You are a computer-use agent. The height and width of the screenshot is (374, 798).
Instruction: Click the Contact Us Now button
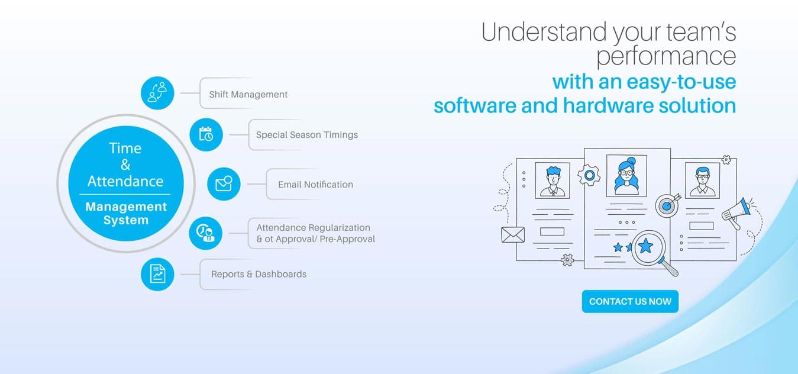pyautogui.click(x=630, y=301)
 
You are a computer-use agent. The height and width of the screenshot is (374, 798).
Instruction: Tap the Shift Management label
pyautogui.click(x=248, y=94)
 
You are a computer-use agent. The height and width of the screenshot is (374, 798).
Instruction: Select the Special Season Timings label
pyautogui.click(x=307, y=135)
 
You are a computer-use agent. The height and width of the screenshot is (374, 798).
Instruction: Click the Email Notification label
pyautogui.click(x=316, y=184)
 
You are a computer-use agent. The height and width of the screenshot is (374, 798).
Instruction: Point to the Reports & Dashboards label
pyautogui.click(x=259, y=274)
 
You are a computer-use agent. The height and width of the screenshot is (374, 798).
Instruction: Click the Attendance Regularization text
pyautogui.click(x=313, y=227)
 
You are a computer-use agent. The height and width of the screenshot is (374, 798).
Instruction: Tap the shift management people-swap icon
pyautogui.click(x=157, y=93)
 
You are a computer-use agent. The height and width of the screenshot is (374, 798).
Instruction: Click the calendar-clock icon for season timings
pyautogui.click(x=206, y=134)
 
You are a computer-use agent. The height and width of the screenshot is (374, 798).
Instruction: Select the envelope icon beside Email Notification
pyautogui.click(x=224, y=184)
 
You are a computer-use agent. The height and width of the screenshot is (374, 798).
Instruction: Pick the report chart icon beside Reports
pyautogui.click(x=157, y=274)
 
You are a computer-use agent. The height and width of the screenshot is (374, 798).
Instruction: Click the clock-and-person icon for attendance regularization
pyautogui.click(x=205, y=233)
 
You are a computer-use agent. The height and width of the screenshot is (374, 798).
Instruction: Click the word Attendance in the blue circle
pyautogui.click(x=125, y=182)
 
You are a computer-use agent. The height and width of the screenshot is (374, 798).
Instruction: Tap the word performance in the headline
pyautogui.click(x=666, y=56)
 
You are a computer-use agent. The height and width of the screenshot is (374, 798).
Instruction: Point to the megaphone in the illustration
pyautogui.click(x=736, y=212)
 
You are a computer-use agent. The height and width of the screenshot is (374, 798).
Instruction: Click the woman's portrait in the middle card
pyautogui.click(x=626, y=175)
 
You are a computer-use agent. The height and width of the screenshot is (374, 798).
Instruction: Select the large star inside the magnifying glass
pyautogui.click(x=645, y=246)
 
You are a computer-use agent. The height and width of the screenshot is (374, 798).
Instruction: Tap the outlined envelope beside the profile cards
pyautogui.click(x=513, y=235)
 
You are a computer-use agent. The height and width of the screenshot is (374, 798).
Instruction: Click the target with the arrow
pyautogui.click(x=667, y=205)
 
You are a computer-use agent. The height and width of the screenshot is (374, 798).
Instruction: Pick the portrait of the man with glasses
pyautogui.click(x=702, y=180)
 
